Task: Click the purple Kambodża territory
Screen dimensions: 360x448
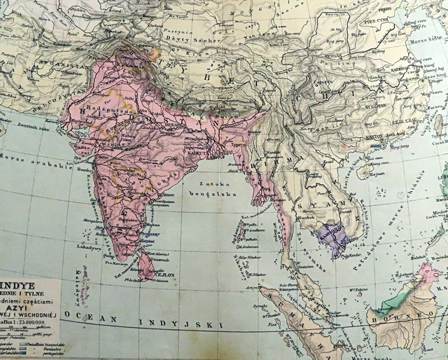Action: (x=333, y=238)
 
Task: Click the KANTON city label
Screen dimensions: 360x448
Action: (x=377, y=135)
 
